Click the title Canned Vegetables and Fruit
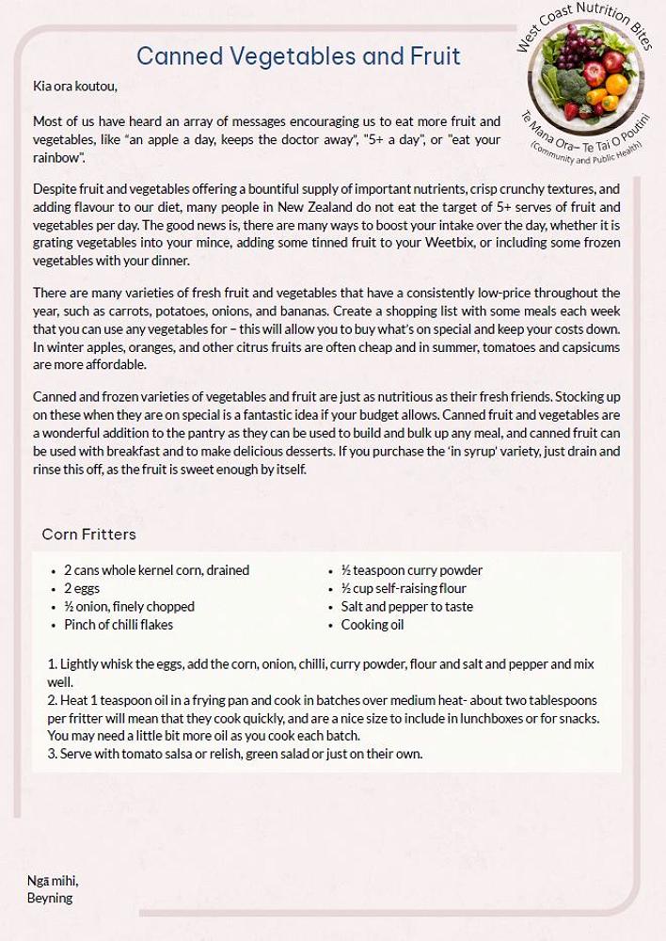pos(298,56)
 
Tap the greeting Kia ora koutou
pos(75,87)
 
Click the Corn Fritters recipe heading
pos(89,534)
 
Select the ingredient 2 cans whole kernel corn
pos(156,570)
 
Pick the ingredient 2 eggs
pos(82,588)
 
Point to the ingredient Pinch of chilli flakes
pos(119,625)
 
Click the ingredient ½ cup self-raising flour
pos(404,588)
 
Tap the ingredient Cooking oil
pos(373,625)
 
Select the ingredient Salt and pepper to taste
pos(407,607)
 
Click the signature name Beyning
pos(50,898)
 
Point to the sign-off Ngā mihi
pos(53,881)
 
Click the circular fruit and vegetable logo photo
pos(586,81)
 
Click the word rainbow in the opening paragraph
pos(57,158)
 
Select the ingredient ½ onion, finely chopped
pos(129,607)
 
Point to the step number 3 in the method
pos(51,754)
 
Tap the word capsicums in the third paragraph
pos(591,347)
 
